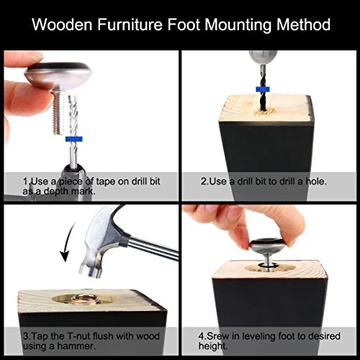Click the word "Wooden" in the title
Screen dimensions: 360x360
pyautogui.click(x=63, y=24)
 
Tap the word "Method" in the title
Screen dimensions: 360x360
pyautogui.click(x=303, y=24)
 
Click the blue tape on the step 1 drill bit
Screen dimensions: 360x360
pyautogui.click(x=74, y=139)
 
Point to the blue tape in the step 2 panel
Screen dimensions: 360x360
pyautogui.click(x=263, y=89)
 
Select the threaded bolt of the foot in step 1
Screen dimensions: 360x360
pyautogui.click(x=59, y=111)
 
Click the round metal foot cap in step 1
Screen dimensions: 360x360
pyautogui.click(x=58, y=73)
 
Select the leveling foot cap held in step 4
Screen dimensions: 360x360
pyautogui.click(x=268, y=246)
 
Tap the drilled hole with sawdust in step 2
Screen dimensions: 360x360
pyautogui.click(x=264, y=111)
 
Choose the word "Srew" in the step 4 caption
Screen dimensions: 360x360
pyautogui.click(x=218, y=336)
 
